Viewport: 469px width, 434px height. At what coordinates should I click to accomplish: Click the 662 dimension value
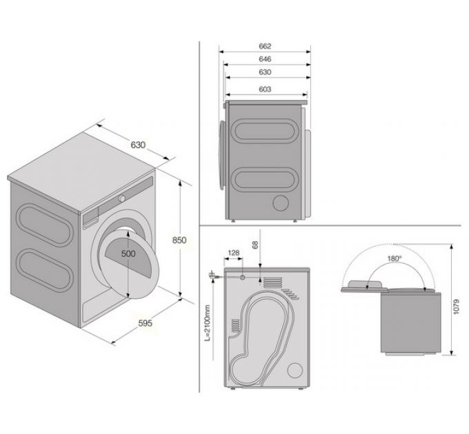(265, 46)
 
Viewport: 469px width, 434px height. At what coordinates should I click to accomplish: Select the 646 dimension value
(265, 60)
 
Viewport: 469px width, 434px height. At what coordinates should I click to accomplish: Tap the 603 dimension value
(265, 90)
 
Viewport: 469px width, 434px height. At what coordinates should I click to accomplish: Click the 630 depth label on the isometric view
(138, 145)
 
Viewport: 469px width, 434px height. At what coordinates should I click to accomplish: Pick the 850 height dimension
(179, 240)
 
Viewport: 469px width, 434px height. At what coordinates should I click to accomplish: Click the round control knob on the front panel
(121, 198)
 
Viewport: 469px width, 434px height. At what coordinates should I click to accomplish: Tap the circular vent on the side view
(281, 202)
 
